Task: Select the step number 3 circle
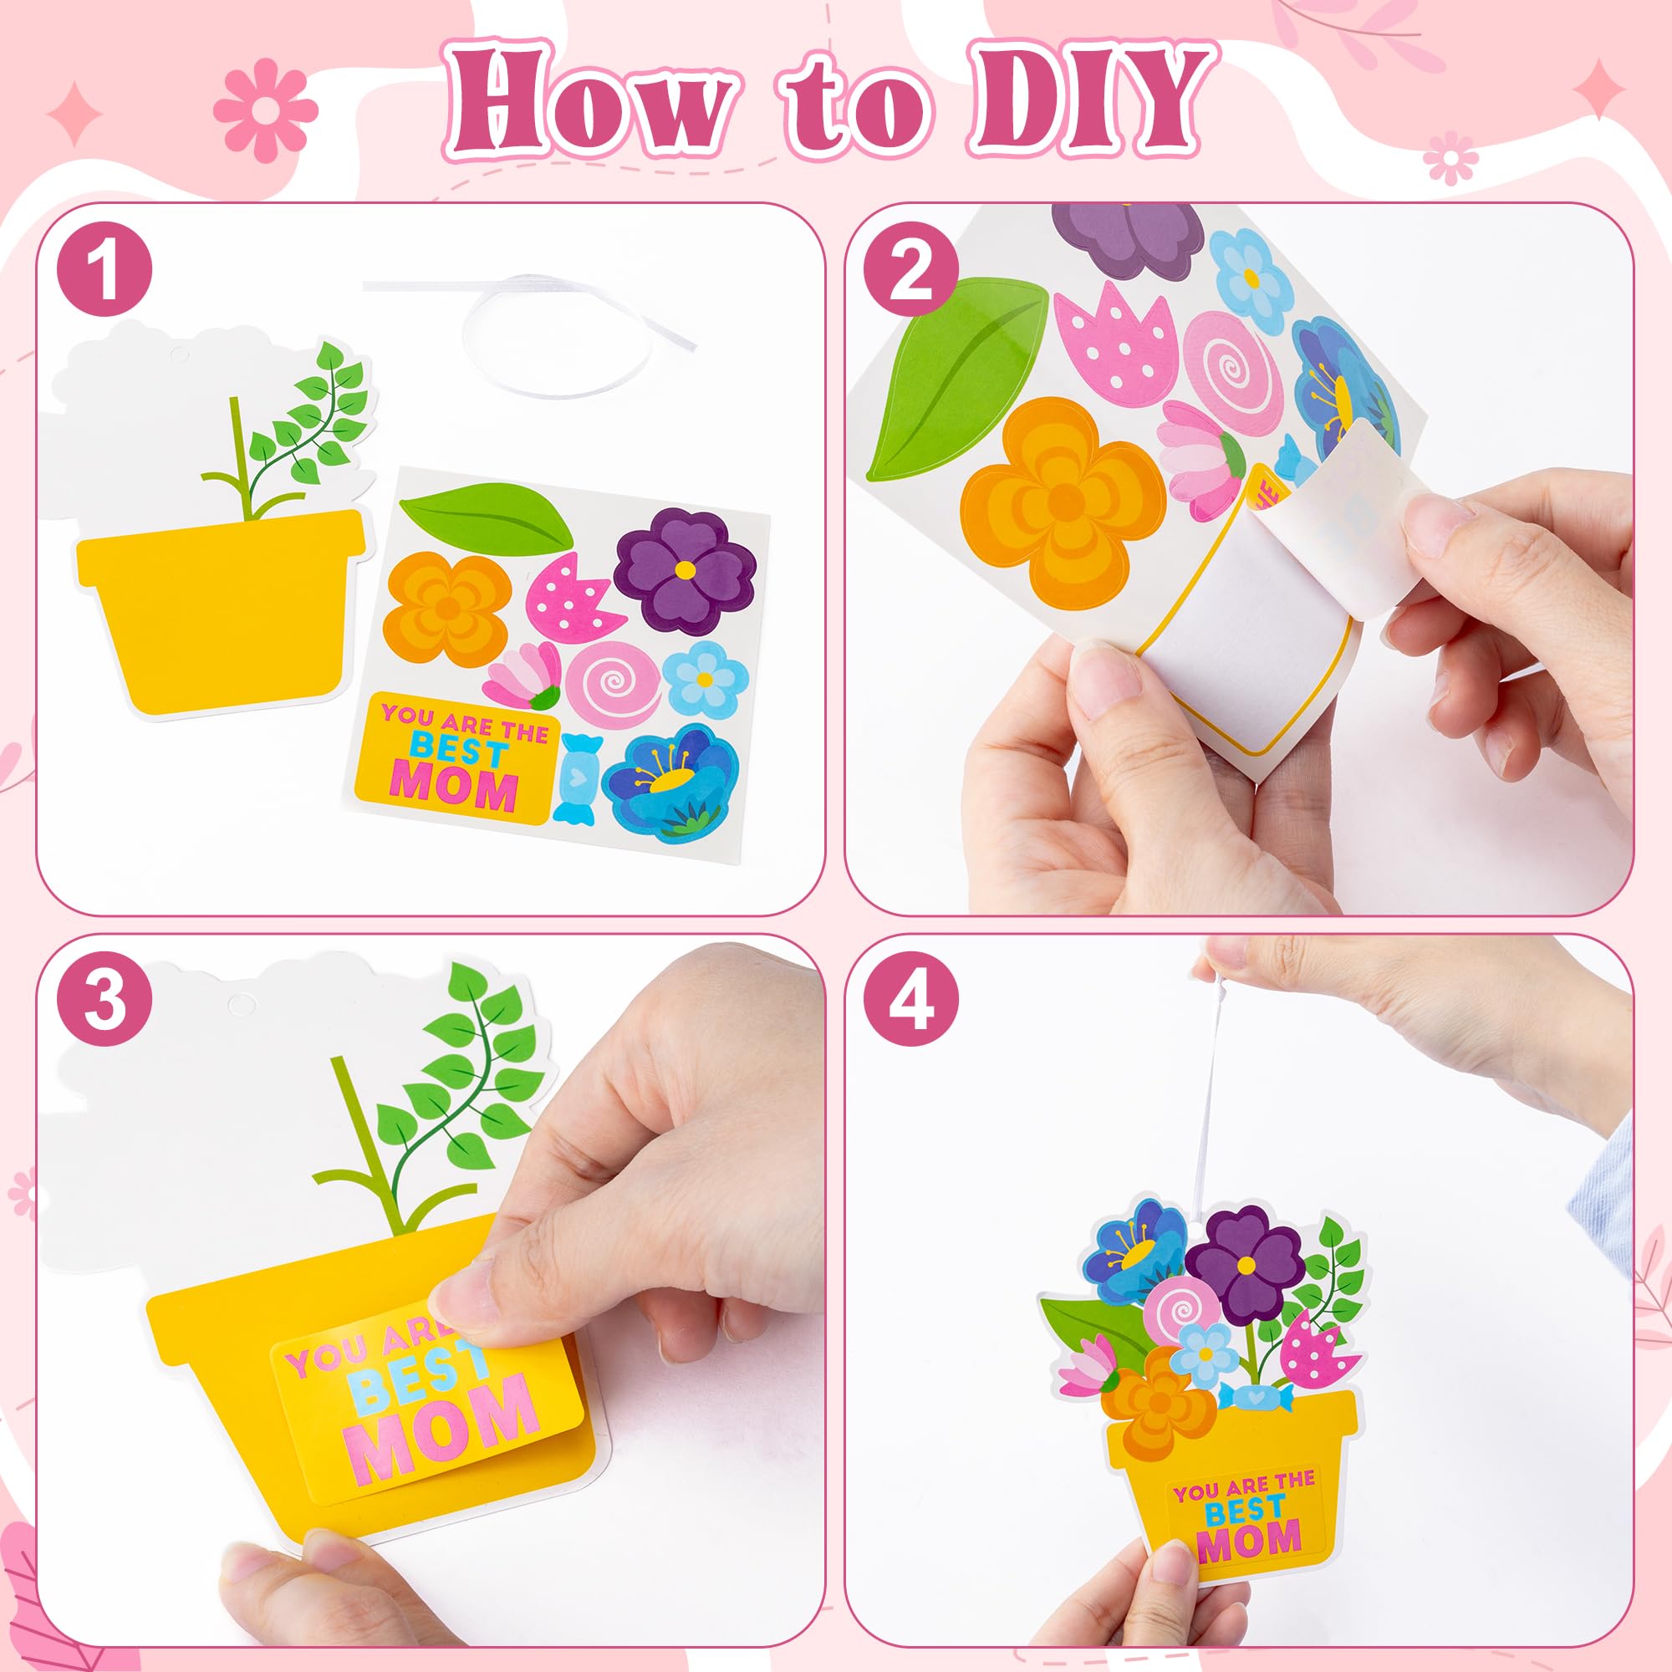(x=104, y=1002)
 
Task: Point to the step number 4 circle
(x=911, y=1002)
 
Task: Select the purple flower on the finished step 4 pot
(x=1246, y=1264)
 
